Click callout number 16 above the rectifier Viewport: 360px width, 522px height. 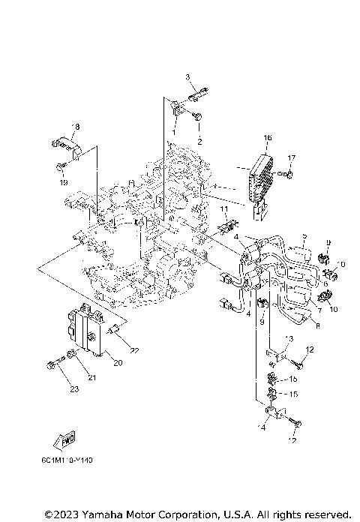[268, 139]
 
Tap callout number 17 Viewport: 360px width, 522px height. [292, 157]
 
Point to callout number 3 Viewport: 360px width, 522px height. [188, 77]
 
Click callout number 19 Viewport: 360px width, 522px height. [64, 182]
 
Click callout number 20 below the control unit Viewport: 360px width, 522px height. [117, 362]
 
